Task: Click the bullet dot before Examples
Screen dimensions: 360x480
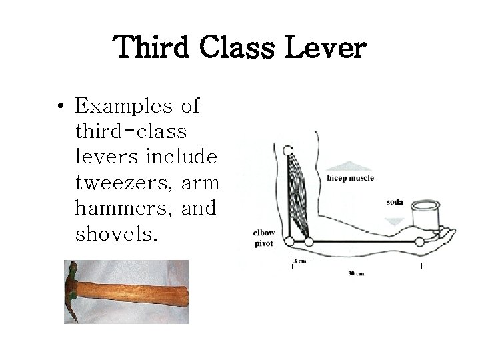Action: tap(61, 107)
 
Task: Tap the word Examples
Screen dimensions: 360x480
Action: tap(123, 106)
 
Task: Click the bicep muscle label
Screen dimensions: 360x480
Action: tap(350, 178)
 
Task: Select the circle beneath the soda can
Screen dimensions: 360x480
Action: tap(419, 241)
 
